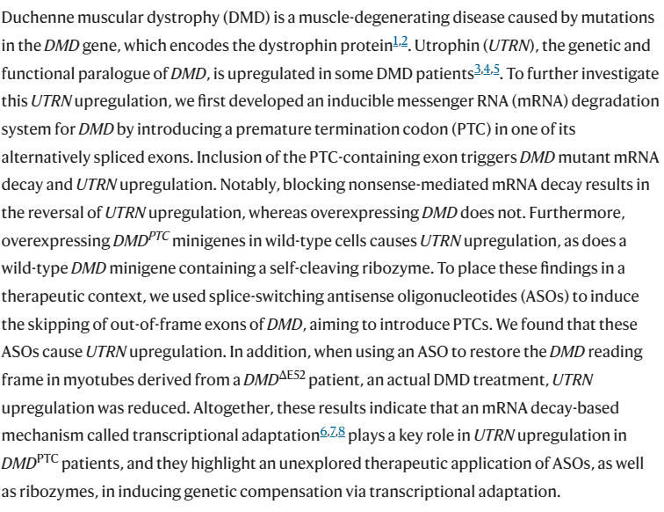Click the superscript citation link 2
[404, 41]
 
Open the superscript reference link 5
[496, 69]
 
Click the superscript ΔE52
[292, 376]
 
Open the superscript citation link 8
[342, 431]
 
